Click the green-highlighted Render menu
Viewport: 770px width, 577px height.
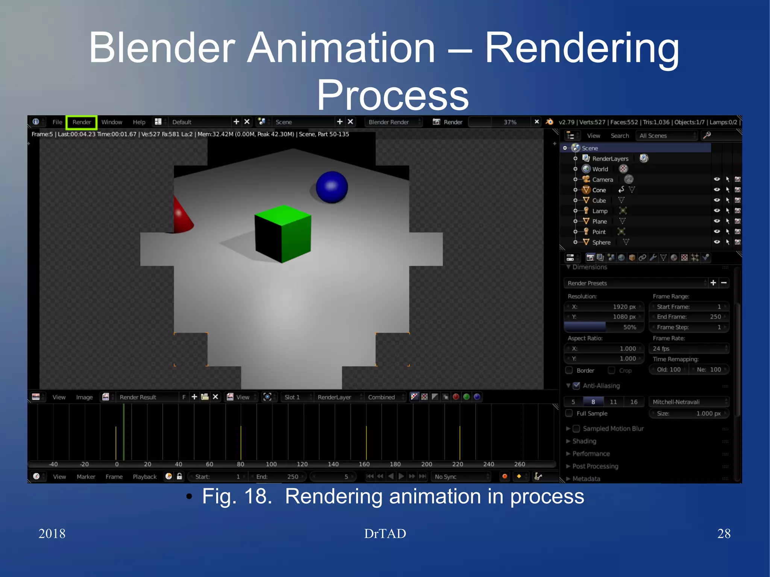(x=82, y=122)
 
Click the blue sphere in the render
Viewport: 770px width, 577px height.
(x=332, y=187)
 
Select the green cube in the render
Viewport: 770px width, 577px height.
(x=283, y=233)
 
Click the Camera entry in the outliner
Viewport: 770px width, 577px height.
(x=602, y=180)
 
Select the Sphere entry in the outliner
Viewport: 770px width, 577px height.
(x=601, y=242)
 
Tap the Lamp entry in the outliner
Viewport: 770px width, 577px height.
(x=600, y=211)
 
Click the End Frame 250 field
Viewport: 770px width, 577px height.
(x=689, y=317)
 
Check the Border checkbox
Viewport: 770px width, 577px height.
(x=569, y=371)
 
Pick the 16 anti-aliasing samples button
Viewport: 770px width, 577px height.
(x=634, y=402)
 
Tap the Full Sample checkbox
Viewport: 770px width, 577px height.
(x=569, y=413)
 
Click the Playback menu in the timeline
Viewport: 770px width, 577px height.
(x=144, y=477)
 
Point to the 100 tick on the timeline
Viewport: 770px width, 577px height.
(x=271, y=464)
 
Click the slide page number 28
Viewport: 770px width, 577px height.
(x=724, y=533)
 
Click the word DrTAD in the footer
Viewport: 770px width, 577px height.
(x=385, y=533)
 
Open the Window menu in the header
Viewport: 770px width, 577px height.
(x=112, y=122)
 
